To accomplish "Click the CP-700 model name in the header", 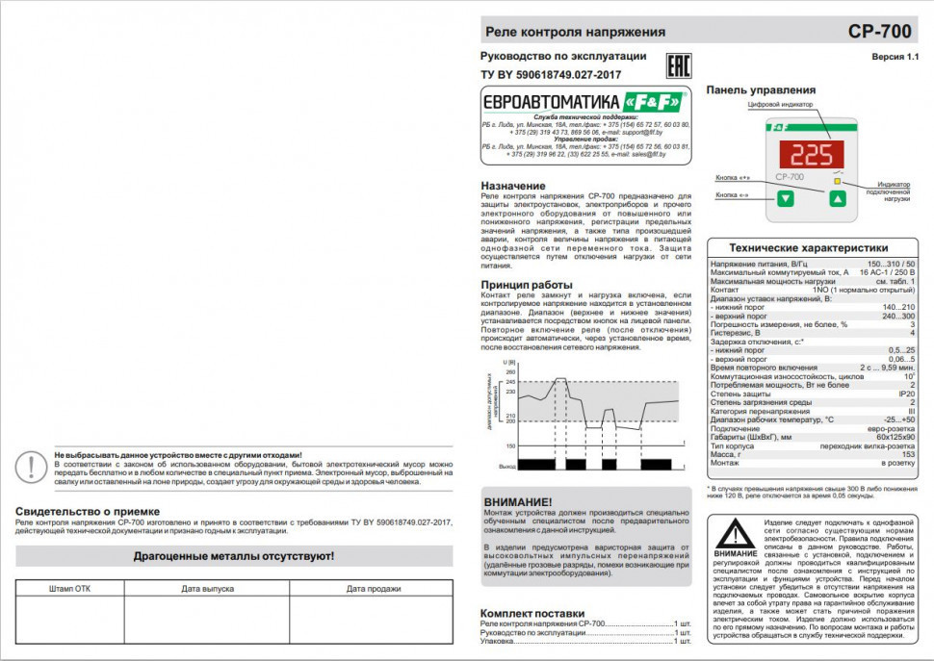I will point(879,31).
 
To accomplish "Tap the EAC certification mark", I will point(680,65).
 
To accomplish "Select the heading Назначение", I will point(513,185).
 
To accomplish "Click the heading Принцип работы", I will point(527,285).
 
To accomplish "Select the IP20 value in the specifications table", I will point(906,394).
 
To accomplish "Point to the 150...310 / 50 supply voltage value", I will point(891,264).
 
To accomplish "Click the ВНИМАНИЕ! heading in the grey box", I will point(518,502).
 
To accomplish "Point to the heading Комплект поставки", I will point(532,612).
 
